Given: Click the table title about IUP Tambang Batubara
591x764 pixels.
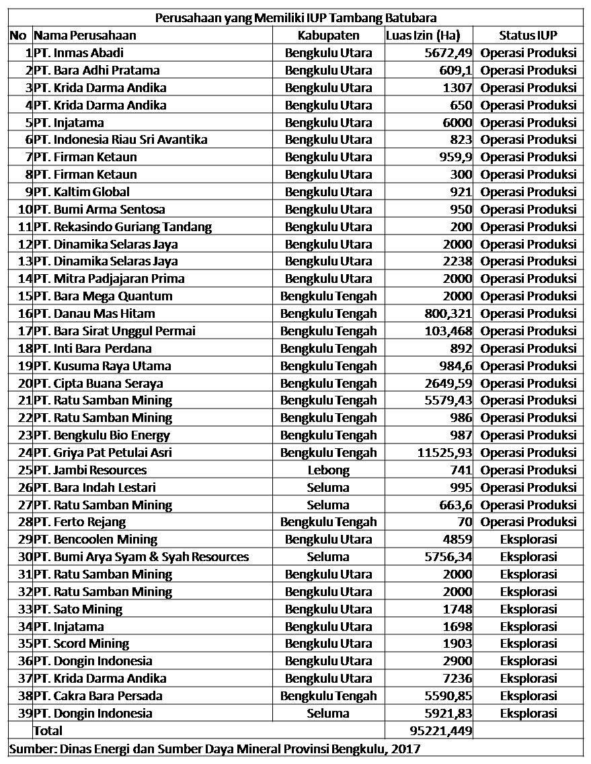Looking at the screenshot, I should point(296,17).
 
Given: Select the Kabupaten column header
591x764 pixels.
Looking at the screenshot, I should point(328,35).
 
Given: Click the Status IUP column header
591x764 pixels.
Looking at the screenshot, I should point(528,35).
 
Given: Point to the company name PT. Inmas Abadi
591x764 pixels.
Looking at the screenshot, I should point(79,52).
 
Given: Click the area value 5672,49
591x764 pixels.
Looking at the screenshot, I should point(448,52).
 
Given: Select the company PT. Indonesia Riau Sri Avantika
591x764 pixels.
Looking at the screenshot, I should point(120,140).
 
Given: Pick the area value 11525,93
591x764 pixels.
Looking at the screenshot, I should point(444,453).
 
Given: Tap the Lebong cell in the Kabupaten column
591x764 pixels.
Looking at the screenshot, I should point(328,470).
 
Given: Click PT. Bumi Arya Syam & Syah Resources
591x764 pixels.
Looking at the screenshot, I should point(141,557).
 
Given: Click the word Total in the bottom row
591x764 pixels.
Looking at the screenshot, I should point(48,730).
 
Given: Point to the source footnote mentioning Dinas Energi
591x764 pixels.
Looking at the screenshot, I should point(215,748).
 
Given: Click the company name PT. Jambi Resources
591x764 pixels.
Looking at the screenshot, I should point(90,470).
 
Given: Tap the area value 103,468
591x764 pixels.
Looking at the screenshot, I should point(448,331).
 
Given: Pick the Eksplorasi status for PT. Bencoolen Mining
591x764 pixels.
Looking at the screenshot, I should point(528,540).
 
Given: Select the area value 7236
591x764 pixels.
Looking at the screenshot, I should point(457,678).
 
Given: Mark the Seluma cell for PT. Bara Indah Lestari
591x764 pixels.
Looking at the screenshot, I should point(328,488).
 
